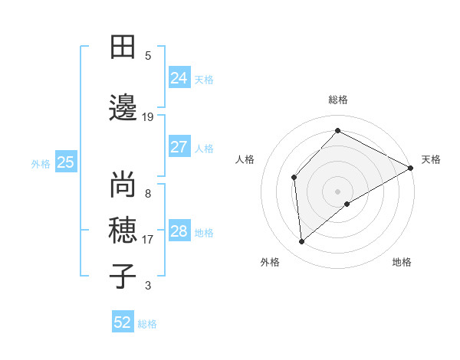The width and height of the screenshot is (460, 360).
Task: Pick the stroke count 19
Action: pos(148,117)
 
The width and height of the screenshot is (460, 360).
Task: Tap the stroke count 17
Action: pos(148,240)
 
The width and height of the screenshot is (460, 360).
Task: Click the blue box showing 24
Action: pos(179,77)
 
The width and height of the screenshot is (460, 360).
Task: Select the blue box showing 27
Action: pos(179,147)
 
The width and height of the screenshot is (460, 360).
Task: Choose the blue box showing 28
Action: pos(179,231)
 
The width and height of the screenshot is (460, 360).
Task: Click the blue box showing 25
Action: pos(65,162)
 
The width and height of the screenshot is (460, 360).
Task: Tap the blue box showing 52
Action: pos(123,322)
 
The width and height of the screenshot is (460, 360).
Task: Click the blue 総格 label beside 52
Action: pos(148,324)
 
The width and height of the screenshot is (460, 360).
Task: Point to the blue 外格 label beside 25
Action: pos(41,163)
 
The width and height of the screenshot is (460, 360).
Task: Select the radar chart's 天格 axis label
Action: pos(431,159)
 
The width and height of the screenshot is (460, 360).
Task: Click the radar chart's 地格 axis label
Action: pos(402,262)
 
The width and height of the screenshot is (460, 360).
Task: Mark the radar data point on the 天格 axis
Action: pos(411,168)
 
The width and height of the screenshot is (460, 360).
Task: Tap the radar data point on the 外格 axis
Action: pos(302,242)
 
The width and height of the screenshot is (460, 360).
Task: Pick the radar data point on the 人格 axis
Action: pos(294,178)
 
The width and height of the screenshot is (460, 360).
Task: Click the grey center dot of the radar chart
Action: pos(337,191)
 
